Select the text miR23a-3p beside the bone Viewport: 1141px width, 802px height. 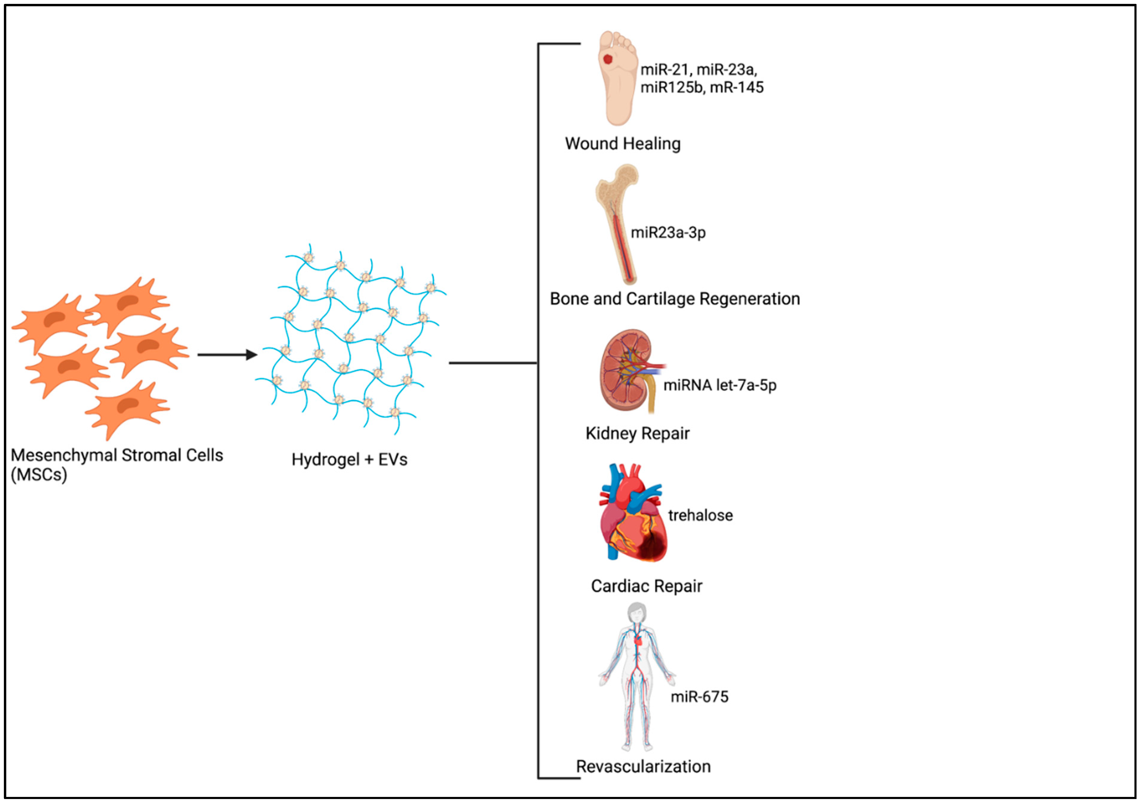coord(668,233)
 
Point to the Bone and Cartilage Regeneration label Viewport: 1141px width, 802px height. coord(674,299)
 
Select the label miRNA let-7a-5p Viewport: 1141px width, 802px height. coord(720,385)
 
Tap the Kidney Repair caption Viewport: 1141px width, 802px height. coord(637,434)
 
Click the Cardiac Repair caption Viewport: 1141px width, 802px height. coord(646,586)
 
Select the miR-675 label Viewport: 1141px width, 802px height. coord(699,697)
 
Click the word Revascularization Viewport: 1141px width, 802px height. coord(643,767)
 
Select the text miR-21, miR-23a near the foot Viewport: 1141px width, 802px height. coord(698,70)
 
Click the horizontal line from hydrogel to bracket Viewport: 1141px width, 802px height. coord(492,363)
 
